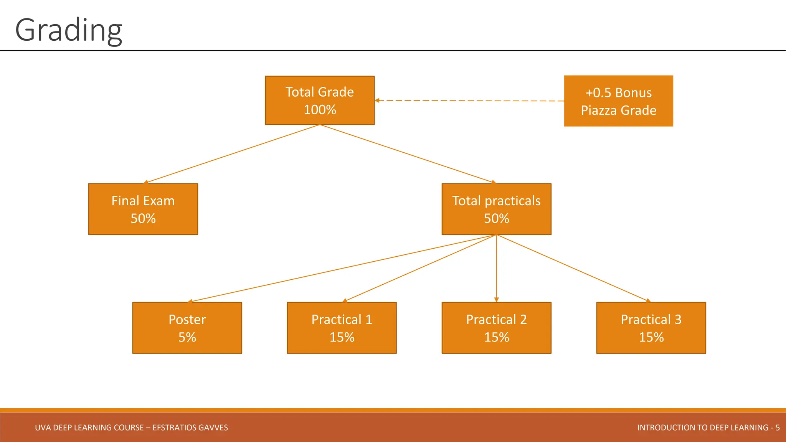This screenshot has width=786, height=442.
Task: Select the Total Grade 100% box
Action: (320, 100)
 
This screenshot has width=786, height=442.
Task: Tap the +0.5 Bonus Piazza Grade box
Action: (618, 101)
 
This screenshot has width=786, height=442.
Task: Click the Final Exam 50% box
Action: (143, 209)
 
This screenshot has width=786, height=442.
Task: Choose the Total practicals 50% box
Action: (496, 209)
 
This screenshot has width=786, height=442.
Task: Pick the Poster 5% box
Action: (187, 328)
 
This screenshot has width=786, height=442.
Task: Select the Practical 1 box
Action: (342, 328)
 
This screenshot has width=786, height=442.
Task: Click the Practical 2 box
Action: (496, 328)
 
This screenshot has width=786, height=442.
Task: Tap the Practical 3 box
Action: (651, 328)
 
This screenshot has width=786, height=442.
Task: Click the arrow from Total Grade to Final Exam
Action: (232, 154)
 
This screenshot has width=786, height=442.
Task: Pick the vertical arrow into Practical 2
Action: (496, 269)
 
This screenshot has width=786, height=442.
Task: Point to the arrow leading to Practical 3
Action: (573, 268)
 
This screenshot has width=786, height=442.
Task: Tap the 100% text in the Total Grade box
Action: (320, 110)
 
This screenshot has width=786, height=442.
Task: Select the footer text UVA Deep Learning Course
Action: (131, 427)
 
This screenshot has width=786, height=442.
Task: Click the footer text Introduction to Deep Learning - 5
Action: (708, 427)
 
